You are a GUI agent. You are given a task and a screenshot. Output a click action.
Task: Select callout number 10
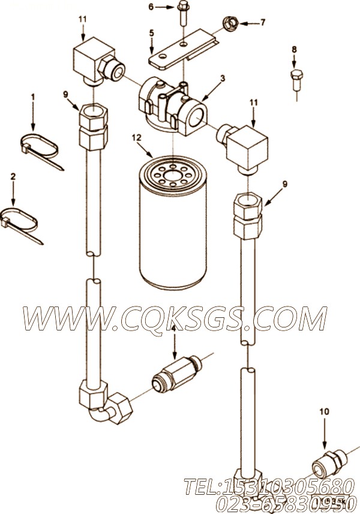(x=325, y=412)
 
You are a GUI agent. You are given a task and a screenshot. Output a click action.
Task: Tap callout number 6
(x=151, y=7)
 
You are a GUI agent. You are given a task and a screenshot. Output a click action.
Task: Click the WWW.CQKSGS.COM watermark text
(x=174, y=317)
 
